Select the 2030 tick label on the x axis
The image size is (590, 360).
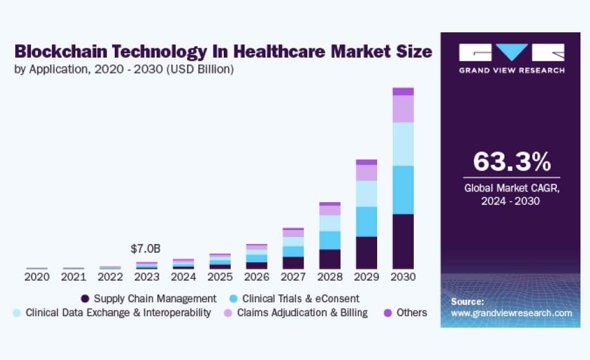pyautogui.click(x=403, y=277)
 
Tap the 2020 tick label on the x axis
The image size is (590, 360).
pyautogui.click(x=37, y=277)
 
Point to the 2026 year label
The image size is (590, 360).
pyautogui.click(x=257, y=277)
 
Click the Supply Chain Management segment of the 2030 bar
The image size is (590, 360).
pyautogui.click(x=403, y=241)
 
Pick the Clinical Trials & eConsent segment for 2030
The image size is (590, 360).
pyautogui.click(x=403, y=190)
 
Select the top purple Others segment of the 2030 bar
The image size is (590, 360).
pyautogui.click(x=403, y=91)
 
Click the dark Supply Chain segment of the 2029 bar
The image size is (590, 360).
pyautogui.click(x=366, y=253)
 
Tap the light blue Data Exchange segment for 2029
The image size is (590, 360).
pyautogui.click(x=366, y=194)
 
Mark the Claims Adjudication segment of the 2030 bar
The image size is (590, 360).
pyautogui.click(x=403, y=109)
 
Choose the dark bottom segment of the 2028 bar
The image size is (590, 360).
pyautogui.click(x=330, y=259)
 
